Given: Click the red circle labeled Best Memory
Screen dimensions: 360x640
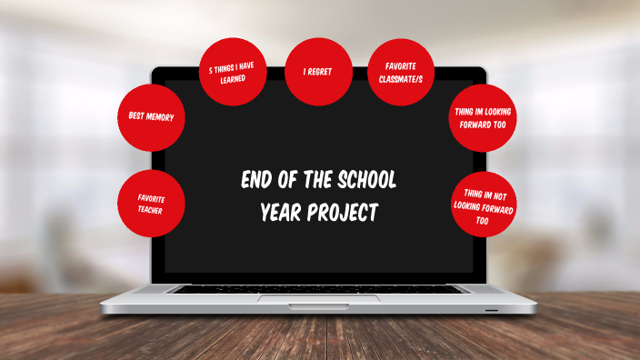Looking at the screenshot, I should (151, 117).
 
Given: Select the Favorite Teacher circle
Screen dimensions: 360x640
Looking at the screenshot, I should (151, 203).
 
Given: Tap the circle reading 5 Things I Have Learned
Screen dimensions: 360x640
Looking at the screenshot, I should (233, 73).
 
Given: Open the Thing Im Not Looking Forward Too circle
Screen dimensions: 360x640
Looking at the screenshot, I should (485, 205).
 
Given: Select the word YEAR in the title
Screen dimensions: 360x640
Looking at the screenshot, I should (281, 213).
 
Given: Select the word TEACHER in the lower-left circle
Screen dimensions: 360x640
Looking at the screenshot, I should (151, 210).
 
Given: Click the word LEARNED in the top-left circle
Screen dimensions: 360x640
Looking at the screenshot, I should (233, 79).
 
